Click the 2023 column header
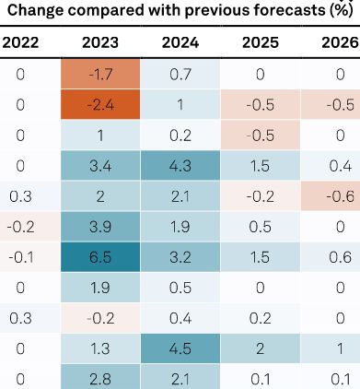tap(100, 42)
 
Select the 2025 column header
tap(261, 42)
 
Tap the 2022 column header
tap(20, 42)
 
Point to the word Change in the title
tap(35, 10)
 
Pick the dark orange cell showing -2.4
tap(100, 104)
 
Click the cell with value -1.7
tap(100, 74)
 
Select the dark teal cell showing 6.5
tap(100, 257)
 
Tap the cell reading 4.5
tap(180, 348)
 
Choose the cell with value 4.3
tap(180, 166)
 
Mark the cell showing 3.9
tap(100, 227)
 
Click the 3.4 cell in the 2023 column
tap(100, 166)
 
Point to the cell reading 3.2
tap(180, 257)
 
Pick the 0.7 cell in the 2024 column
tap(180, 74)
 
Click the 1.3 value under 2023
tap(100, 348)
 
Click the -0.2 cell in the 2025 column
tap(261, 196)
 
